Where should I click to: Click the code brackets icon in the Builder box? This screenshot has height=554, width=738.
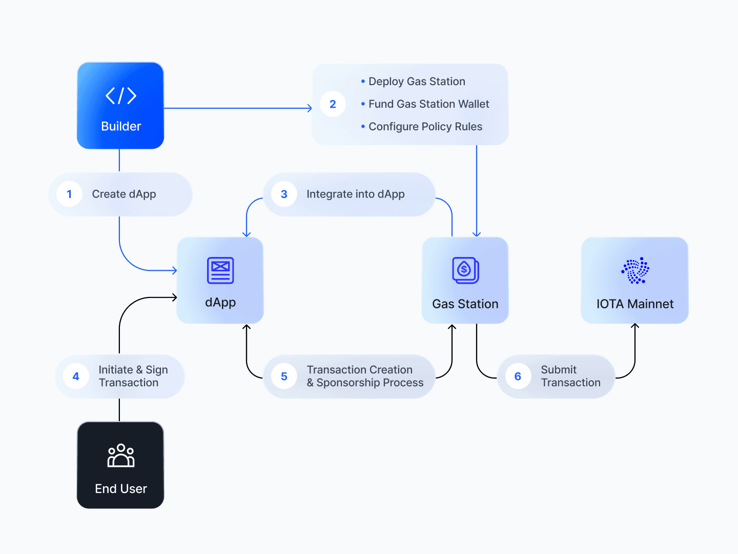121,95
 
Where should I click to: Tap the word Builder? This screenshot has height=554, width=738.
121,126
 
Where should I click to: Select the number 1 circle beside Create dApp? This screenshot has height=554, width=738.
69,194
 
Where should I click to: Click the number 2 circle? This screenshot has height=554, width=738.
333,104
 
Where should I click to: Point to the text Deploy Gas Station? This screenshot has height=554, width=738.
417,82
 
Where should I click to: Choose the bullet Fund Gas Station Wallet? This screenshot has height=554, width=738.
425,104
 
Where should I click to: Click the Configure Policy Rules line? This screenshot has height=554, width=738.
422,127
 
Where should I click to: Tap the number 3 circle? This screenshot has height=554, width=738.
284,194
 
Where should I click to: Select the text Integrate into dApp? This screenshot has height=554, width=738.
355,194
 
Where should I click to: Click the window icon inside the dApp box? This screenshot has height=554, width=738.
220,270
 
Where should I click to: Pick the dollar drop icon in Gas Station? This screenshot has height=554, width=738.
465,270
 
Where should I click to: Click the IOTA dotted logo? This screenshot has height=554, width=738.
635,270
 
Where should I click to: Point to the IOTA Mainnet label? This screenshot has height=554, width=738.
635,304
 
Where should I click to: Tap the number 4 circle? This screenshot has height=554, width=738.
76,377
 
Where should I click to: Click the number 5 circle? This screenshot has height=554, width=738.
284,377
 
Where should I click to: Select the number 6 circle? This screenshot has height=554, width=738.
518,377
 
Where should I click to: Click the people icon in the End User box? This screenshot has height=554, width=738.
121,456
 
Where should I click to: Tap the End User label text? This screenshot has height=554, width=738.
121,488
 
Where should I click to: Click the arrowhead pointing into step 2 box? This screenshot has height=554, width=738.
310,108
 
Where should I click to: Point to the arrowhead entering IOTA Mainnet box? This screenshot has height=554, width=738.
635,326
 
